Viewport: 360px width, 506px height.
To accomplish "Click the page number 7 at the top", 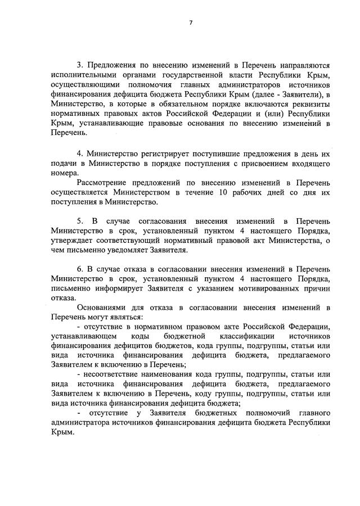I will [191, 22].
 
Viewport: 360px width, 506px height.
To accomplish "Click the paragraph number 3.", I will [79, 66].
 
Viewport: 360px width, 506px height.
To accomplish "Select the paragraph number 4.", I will [79, 153].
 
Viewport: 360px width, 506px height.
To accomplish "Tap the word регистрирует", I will [162, 153].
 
